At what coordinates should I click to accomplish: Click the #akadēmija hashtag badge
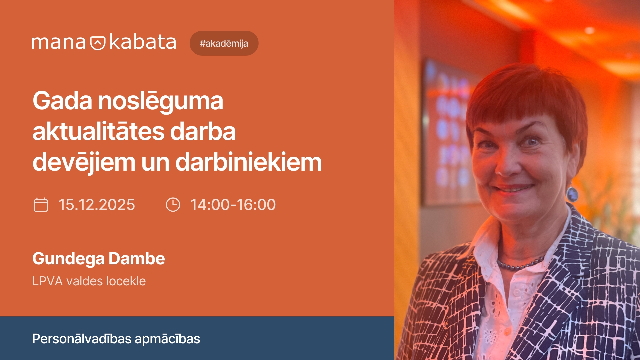(x=224, y=43)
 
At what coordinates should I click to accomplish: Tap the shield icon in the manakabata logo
(x=98, y=43)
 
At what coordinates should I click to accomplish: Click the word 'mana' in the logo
(x=59, y=43)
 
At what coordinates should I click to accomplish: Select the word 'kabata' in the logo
(x=142, y=42)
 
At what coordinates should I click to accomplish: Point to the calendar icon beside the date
(x=41, y=205)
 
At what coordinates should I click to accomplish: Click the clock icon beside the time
(x=173, y=205)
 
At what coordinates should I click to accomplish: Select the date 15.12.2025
(x=97, y=205)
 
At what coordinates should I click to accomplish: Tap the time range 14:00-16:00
(x=233, y=205)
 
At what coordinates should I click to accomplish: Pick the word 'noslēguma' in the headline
(x=160, y=101)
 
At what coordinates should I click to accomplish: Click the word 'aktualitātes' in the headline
(x=98, y=131)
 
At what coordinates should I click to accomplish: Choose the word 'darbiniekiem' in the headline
(x=248, y=162)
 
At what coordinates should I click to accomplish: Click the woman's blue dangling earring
(x=572, y=194)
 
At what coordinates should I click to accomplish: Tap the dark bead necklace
(x=520, y=265)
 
